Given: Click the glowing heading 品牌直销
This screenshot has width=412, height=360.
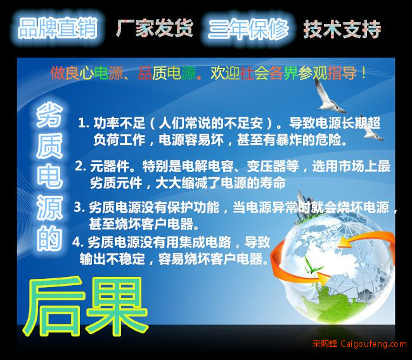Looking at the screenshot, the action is (x=58, y=28).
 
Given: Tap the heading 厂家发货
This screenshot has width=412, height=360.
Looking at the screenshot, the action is (x=155, y=28).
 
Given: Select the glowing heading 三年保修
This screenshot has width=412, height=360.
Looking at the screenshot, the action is (x=248, y=29).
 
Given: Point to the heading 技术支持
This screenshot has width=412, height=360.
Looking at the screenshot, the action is (x=342, y=29).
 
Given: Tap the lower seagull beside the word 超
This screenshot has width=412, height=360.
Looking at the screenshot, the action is (x=373, y=131).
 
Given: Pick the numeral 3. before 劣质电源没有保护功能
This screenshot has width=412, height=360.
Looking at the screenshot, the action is (x=79, y=207).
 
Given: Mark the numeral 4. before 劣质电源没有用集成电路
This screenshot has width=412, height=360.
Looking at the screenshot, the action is (x=78, y=242).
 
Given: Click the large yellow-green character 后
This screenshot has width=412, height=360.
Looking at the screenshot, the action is (x=55, y=307).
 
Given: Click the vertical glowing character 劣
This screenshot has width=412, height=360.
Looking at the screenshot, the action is (x=49, y=115).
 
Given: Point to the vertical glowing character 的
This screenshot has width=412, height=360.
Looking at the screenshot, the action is (x=49, y=238).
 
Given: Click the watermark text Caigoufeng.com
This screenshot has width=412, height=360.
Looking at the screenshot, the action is (x=373, y=344).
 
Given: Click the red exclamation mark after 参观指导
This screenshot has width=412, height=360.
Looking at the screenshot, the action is (x=364, y=73).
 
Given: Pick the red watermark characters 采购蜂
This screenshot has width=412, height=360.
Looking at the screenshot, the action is (x=325, y=344).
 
